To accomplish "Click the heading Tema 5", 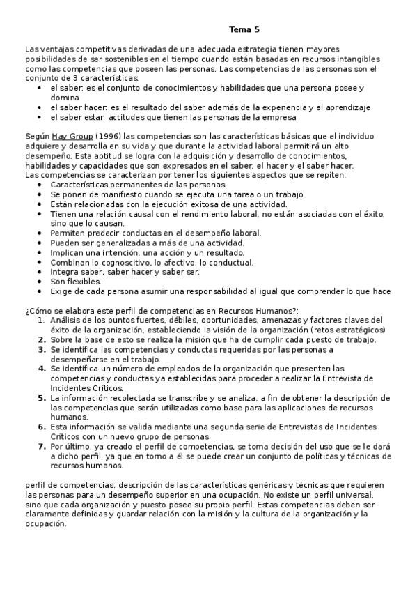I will pos(244,30).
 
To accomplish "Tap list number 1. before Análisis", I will pos(40,319).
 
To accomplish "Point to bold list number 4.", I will pos(40,368).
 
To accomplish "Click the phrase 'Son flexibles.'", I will pos(76,282).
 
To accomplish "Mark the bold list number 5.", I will pos(40,397).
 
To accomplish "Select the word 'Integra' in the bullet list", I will pos(63,272).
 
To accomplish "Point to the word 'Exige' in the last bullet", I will pos(61,291).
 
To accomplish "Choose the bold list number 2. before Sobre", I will pos(40,339).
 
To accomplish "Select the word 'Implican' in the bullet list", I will pos(67,252).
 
